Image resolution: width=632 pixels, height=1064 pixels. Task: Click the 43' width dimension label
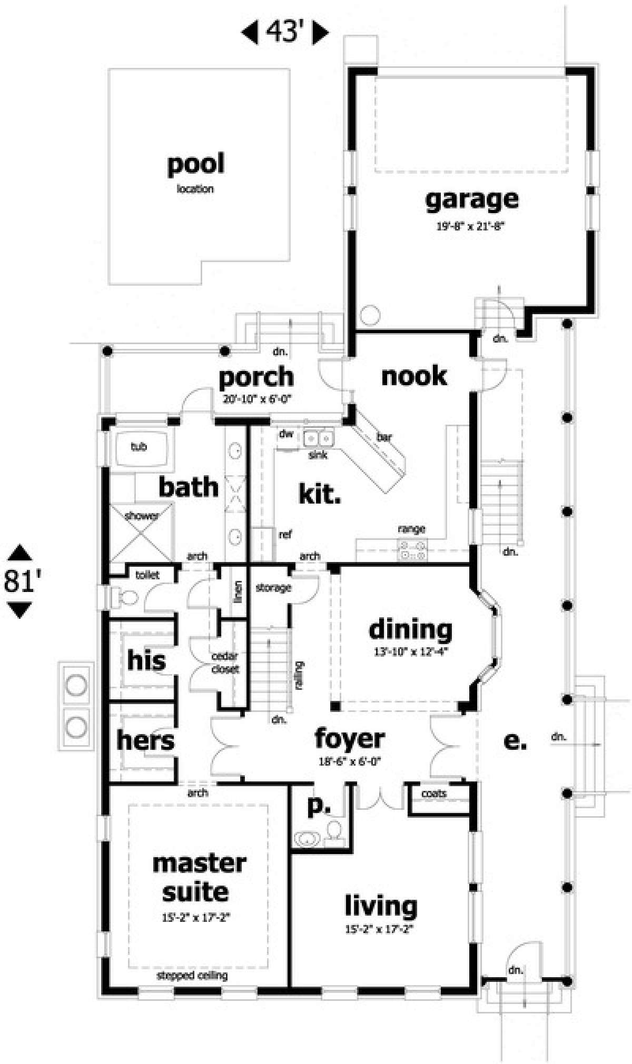click(x=285, y=33)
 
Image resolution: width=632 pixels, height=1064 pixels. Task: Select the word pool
click(x=195, y=164)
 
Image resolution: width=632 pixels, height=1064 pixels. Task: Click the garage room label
click(x=472, y=200)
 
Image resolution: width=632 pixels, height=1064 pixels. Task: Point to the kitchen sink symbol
click(x=319, y=437)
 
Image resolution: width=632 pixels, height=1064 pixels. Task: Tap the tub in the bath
click(x=139, y=447)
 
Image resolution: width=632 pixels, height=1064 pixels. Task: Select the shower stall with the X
click(x=141, y=532)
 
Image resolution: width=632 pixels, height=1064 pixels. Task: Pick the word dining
click(x=410, y=630)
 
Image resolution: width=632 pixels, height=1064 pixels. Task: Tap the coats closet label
click(x=433, y=794)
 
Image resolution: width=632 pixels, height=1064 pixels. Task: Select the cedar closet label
click(x=225, y=663)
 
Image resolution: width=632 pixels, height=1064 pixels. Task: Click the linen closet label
click(x=238, y=591)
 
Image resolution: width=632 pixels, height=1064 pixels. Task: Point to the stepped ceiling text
click(x=192, y=976)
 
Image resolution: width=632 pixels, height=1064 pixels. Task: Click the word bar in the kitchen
click(x=384, y=437)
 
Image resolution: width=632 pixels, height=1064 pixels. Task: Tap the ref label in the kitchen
click(x=285, y=535)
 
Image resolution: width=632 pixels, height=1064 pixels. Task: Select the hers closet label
click(x=145, y=741)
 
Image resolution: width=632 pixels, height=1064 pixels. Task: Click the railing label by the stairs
click(x=299, y=675)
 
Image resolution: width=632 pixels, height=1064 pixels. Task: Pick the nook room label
click(x=414, y=376)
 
